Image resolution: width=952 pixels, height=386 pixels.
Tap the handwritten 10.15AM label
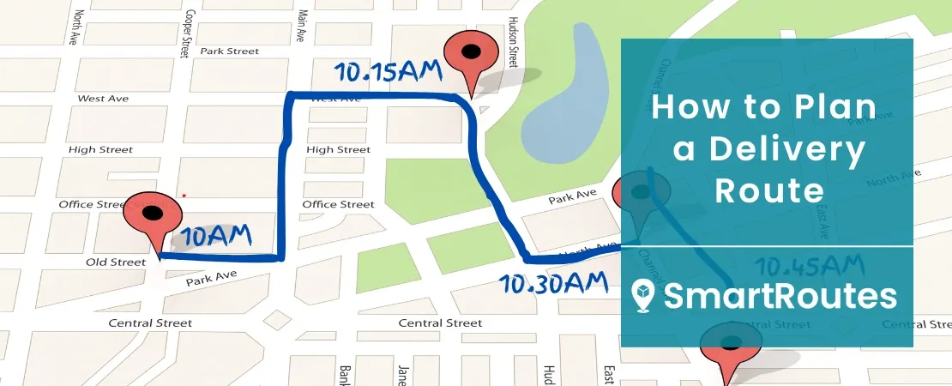pyautogui.click(x=389, y=72)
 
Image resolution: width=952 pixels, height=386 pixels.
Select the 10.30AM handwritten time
pyautogui.click(x=553, y=281)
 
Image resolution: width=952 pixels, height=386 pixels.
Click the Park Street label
pyautogui.click(x=229, y=51)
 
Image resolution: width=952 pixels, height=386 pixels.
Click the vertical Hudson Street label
pyautogui.click(x=512, y=41)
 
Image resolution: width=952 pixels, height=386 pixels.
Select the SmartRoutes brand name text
pyautogui.click(x=780, y=297)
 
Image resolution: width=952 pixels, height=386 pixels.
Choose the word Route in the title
pyautogui.click(x=768, y=190)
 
